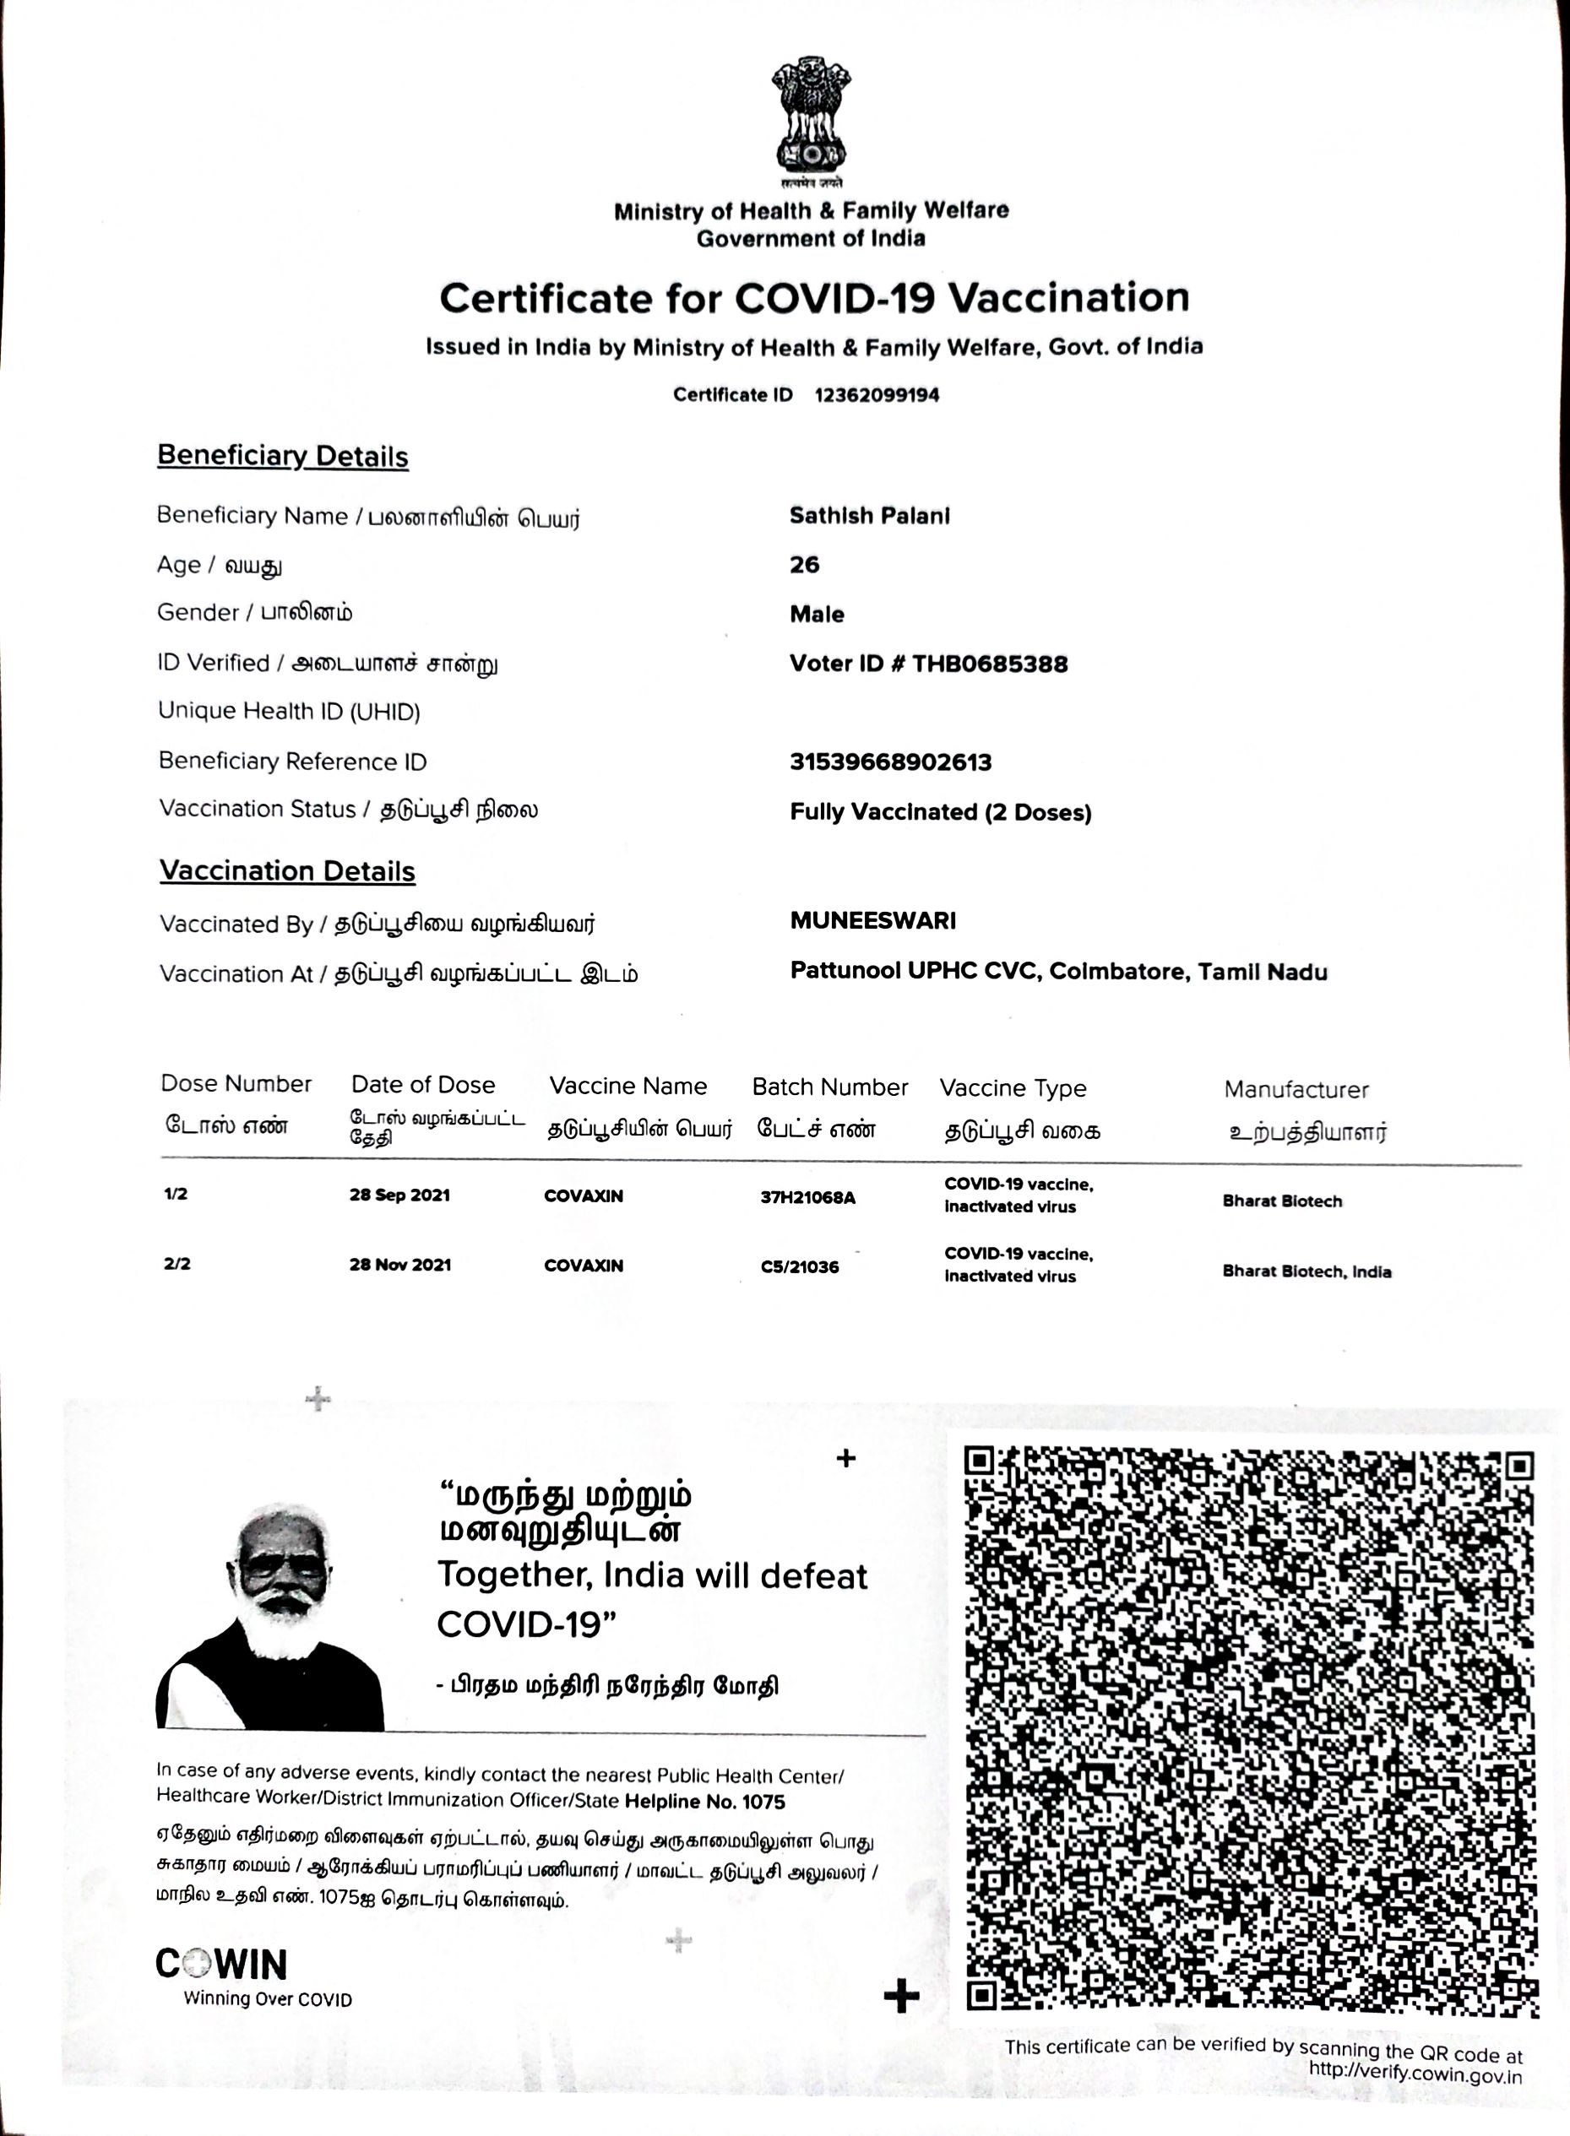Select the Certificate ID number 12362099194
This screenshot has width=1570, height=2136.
(877, 395)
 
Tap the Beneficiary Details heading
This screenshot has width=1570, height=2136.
(282, 456)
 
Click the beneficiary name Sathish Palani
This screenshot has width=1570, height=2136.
(869, 516)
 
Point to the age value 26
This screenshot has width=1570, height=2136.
(804, 565)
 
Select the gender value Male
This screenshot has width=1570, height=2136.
(817, 614)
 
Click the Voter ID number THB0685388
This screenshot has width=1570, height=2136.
(989, 664)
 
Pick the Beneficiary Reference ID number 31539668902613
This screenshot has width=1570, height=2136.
(890, 762)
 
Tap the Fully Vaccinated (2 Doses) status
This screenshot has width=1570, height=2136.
(940, 812)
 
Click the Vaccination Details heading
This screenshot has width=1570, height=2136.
(287, 871)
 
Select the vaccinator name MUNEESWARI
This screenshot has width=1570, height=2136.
(872, 919)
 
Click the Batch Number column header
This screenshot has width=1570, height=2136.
(829, 1087)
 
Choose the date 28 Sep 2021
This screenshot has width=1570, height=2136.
(399, 1195)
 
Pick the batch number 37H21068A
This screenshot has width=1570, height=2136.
(807, 1197)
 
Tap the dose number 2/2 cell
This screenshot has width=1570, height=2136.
(177, 1264)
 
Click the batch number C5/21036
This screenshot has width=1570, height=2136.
(799, 1266)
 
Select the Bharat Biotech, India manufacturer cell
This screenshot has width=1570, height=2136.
(1306, 1271)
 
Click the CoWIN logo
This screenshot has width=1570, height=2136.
(221, 1964)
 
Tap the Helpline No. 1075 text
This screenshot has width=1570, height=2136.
(705, 1802)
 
